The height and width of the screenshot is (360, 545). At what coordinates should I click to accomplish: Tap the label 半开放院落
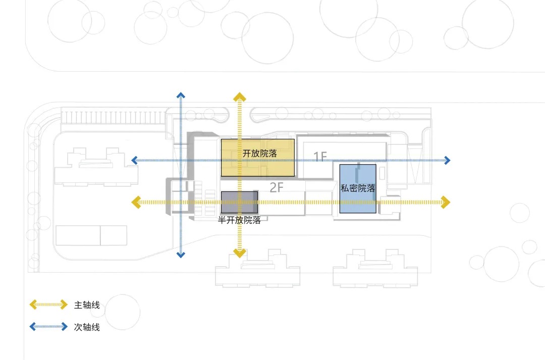click(239, 220)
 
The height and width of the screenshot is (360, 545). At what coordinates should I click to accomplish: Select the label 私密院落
click(358, 188)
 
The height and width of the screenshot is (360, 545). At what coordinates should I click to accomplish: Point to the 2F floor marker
click(277, 188)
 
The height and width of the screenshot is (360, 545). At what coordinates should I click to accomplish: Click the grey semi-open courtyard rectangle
click(240, 202)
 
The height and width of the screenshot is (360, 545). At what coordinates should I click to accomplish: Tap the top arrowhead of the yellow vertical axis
click(239, 96)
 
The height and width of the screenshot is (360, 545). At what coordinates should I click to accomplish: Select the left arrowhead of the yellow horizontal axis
click(136, 202)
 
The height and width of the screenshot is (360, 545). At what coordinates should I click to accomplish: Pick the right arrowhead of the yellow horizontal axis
click(445, 202)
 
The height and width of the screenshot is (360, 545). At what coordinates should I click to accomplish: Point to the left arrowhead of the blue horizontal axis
click(134, 161)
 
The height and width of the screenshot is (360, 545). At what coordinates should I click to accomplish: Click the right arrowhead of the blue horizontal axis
click(447, 161)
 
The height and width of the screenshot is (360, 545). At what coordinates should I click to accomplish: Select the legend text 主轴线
click(87, 305)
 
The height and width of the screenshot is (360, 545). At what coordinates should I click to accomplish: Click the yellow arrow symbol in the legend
click(48, 304)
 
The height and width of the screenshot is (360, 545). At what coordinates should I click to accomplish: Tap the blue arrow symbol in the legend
click(48, 327)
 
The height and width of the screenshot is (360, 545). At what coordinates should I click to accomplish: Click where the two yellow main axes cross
click(239, 202)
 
